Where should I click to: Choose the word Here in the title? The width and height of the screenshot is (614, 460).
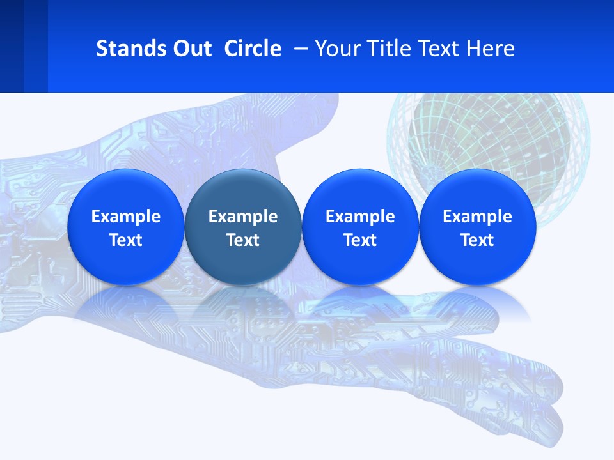[x=489, y=49]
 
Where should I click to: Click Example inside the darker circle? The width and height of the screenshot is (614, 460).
[x=243, y=217]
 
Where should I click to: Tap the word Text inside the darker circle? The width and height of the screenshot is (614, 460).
[x=243, y=240]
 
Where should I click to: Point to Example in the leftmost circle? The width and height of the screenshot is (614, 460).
[x=125, y=217]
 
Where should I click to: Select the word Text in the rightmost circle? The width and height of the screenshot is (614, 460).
[x=477, y=240]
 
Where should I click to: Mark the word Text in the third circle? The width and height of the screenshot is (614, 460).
[x=360, y=240]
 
